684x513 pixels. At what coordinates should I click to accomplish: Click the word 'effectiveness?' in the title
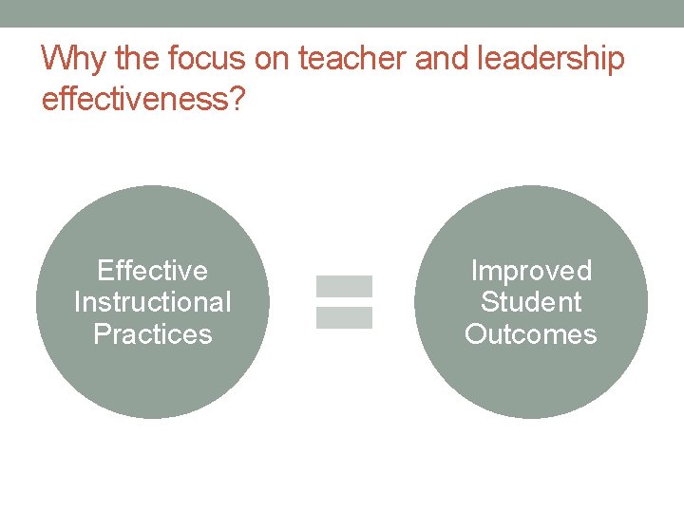tap(142, 99)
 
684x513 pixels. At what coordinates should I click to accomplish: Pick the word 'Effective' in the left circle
tap(152, 272)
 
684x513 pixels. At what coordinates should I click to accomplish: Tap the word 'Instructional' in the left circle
tap(152, 303)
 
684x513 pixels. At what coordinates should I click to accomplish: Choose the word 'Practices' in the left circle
tap(152, 334)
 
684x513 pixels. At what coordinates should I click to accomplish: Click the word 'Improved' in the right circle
tap(531, 272)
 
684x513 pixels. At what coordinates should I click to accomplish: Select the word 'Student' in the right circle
tap(531, 303)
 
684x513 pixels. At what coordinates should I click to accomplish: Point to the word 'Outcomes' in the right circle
tap(531, 334)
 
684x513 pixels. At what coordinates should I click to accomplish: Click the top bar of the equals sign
tap(344, 286)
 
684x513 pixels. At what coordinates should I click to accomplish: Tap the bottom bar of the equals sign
tap(344, 318)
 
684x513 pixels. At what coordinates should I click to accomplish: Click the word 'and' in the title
tap(437, 60)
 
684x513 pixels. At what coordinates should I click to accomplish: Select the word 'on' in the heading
tap(273, 60)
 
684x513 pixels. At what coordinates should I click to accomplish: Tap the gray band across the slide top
tap(342, 13)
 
